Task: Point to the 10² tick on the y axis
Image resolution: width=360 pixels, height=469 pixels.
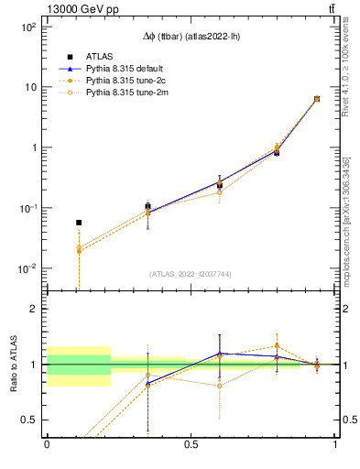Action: point(28,27)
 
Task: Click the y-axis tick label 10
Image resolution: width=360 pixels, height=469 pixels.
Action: point(30,87)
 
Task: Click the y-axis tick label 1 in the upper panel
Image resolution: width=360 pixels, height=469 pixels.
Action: point(34,147)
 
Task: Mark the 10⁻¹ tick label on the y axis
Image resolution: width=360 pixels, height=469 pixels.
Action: point(28,208)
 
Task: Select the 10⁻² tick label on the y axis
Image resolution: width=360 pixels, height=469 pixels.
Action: point(28,268)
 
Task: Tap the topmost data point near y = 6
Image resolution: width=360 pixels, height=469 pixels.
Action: point(317,99)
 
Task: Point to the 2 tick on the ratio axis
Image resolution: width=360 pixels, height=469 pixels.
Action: point(34,309)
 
